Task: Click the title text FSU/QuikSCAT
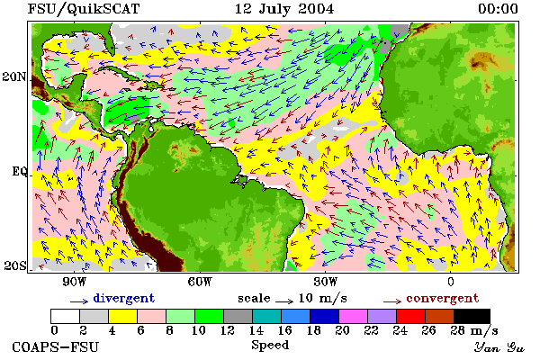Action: tap(84, 9)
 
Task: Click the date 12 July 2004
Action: tap(284, 9)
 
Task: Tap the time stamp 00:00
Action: tap(498, 9)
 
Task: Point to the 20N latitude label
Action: tap(13, 76)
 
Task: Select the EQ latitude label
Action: tap(19, 172)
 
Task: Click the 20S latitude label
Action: tap(14, 265)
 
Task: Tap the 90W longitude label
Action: tap(74, 282)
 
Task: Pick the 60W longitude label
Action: tap(200, 282)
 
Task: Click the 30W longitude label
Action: tap(326, 282)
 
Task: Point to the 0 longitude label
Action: tap(451, 282)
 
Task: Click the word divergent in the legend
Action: tap(123, 298)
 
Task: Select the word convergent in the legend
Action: tap(443, 298)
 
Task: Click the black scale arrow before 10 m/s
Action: tap(284, 301)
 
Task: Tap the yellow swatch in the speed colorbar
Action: tap(123, 316)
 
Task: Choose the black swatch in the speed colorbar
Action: tap(472, 316)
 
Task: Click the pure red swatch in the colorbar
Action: tap(411, 316)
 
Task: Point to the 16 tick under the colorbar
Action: tap(284, 330)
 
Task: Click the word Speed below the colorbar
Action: tap(270, 346)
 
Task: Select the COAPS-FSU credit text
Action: tap(55, 346)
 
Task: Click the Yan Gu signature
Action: tap(499, 347)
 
